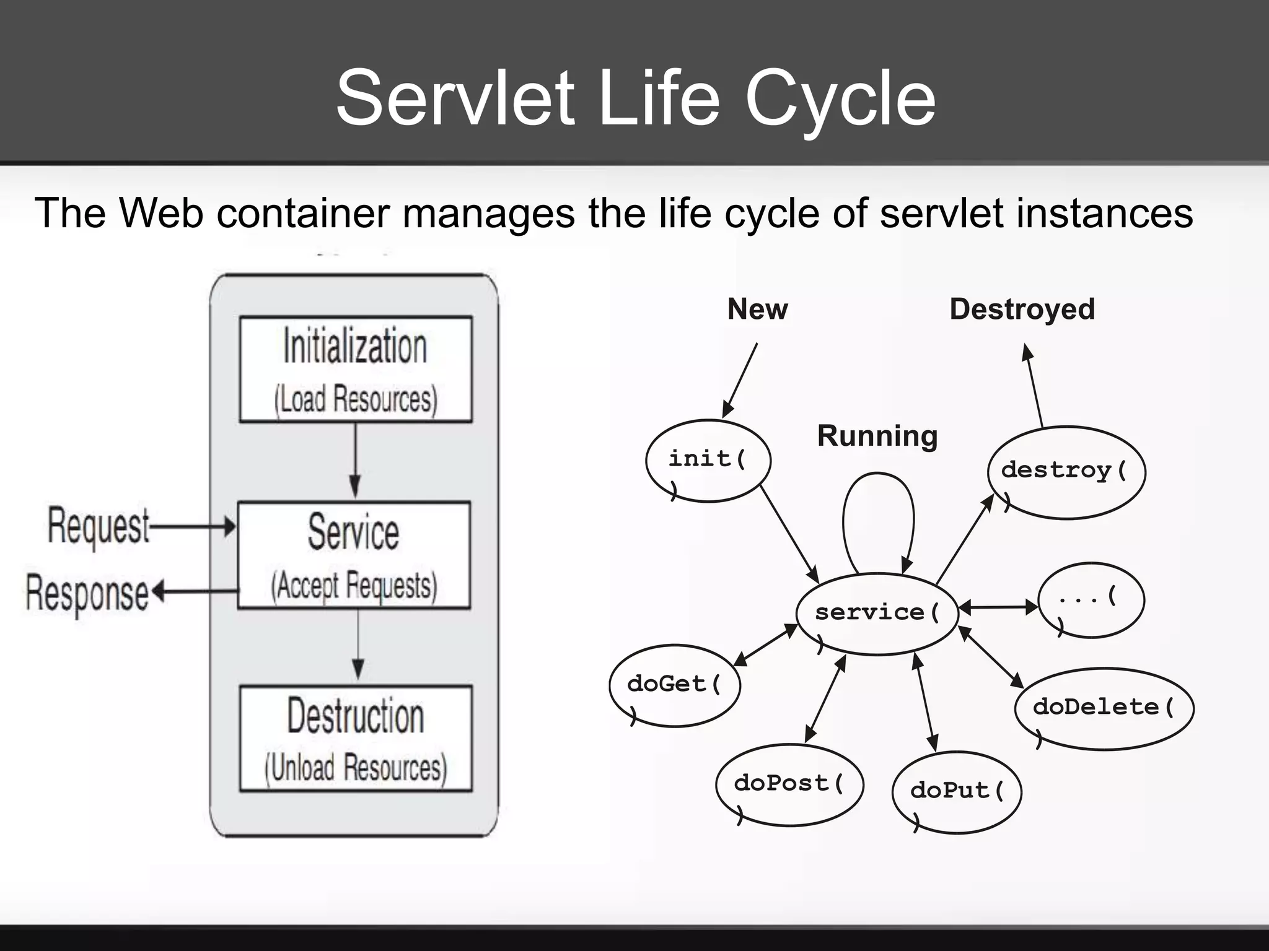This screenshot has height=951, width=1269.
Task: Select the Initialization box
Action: click(356, 370)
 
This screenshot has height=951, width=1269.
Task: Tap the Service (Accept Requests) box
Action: click(354, 555)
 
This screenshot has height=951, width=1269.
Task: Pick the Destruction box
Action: click(356, 738)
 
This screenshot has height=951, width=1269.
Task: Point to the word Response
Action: click(87, 593)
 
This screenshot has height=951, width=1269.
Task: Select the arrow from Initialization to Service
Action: click(355, 461)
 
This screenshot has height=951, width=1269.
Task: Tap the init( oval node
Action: click(708, 461)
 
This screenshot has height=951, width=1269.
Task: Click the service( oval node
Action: click(876, 614)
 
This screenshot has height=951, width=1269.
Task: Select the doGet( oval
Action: click(674, 685)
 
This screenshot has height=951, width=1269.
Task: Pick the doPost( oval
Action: click(789, 784)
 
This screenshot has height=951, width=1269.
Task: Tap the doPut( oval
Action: click(957, 791)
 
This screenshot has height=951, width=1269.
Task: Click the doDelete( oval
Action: click(1104, 708)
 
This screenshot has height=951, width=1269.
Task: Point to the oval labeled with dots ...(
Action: click(1091, 599)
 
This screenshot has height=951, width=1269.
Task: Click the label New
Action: click(757, 309)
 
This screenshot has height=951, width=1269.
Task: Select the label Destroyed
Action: click(1022, 309)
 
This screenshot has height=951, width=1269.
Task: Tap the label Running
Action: click(877, 436)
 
